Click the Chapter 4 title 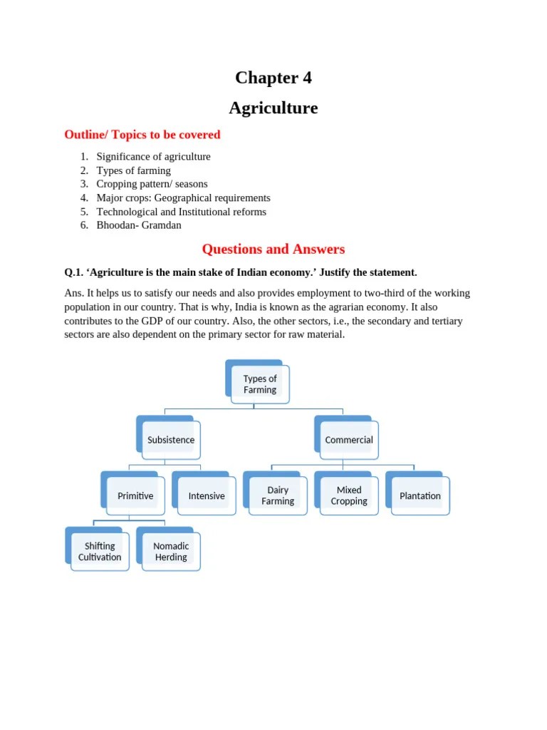click(273, 78)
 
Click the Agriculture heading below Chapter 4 click(273, 108)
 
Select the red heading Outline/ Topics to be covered click(142, 135)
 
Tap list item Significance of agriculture click(153, 157)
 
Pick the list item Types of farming click(133, 170)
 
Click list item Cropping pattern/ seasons click(152, 184)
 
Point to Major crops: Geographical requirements click(183, 197)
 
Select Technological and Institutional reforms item click(181, 212)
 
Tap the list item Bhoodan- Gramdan click(139, 225)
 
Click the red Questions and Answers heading click(273, 249)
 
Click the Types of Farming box click(260, 384)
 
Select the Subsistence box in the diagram click(171, 440)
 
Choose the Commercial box click(348, 440)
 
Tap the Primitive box click(135, 495)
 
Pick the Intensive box click(207, 495)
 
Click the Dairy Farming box click(278, 495)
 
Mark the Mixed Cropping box click(349, 495)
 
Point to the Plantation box click(420, 495)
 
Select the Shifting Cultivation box click(100, 551)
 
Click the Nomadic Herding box click(171, 551)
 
